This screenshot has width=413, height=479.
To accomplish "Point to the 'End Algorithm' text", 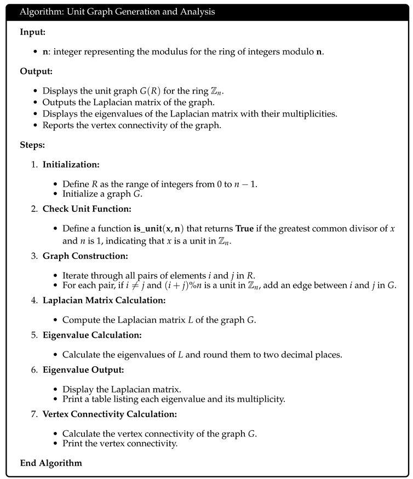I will tap(51, 463).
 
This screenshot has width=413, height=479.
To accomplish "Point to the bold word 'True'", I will tap(247, 228).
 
